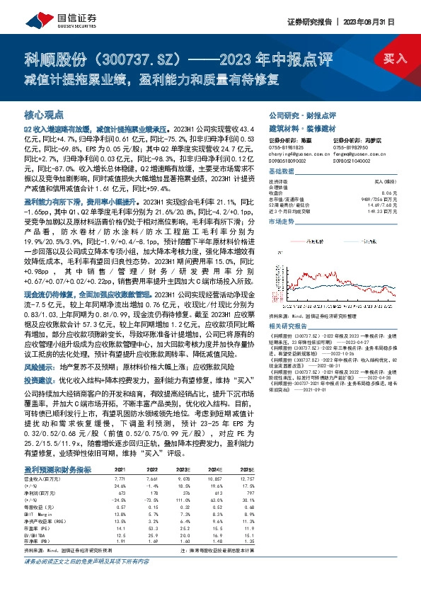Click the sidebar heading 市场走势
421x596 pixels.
(x=282, y=222)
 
